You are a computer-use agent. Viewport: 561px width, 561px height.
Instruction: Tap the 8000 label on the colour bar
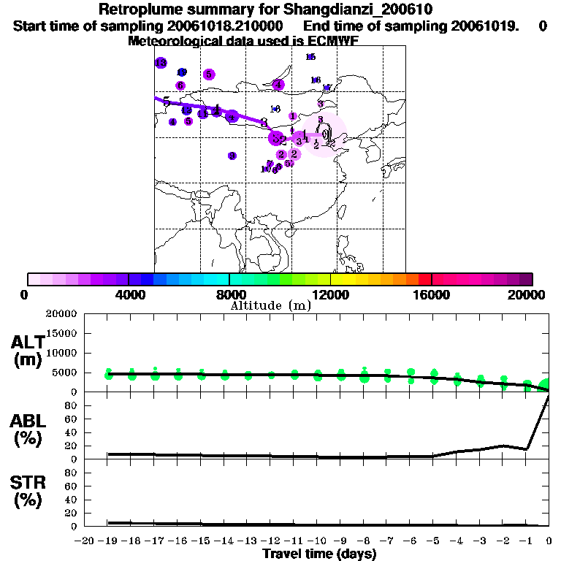(229, 294)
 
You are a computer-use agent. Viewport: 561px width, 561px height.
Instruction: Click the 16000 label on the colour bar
(432, 294)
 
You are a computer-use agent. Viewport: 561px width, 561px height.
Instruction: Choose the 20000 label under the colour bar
(527, 294)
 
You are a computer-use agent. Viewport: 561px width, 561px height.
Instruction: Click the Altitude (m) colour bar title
(270, 306)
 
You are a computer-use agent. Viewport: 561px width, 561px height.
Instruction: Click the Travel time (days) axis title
(319, 554)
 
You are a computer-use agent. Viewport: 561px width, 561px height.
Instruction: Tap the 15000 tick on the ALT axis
(62, 334)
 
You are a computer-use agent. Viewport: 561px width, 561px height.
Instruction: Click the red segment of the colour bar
(424, 279)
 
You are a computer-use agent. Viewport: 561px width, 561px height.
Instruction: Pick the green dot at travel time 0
(546, 385)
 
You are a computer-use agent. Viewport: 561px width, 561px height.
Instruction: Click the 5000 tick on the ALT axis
(65, 373)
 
